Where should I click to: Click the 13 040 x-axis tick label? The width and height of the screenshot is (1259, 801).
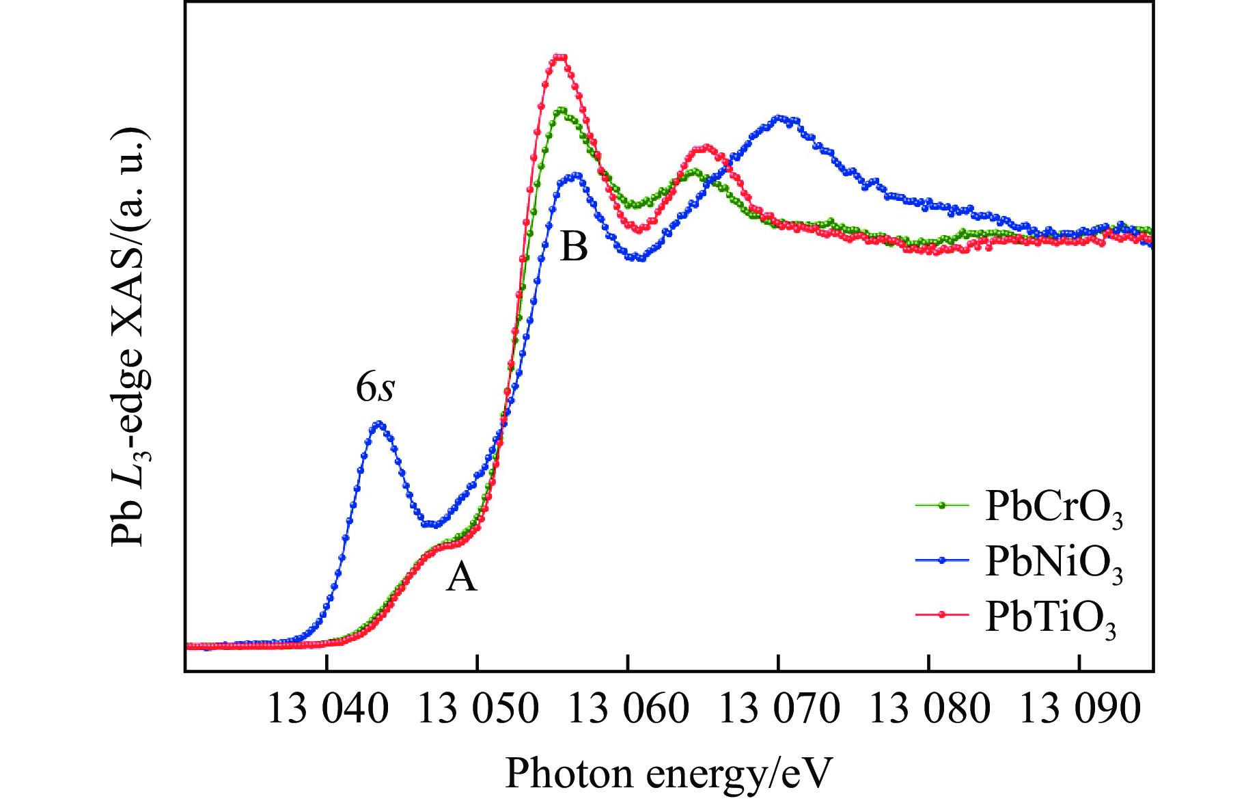pos(327,709)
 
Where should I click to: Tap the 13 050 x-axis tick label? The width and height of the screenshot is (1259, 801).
pos(478,709)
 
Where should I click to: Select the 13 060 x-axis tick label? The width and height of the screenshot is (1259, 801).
pos(628,709)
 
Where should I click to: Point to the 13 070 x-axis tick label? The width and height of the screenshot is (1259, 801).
pos(779,709)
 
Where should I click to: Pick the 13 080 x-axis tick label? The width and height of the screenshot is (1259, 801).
pos(929,709)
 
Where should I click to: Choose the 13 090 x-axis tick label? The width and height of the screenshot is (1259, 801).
pos(1079,709)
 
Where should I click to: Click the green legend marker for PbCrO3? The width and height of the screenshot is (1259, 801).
pos(942,506)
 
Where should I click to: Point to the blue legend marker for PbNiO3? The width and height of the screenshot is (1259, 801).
pos(942,560)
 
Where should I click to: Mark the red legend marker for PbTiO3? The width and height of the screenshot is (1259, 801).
pos(942,614)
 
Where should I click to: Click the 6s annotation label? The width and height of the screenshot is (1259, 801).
pos(375,388)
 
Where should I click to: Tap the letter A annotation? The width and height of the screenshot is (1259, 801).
pos(461,578)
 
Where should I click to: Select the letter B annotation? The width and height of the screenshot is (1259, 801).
pos(573,247)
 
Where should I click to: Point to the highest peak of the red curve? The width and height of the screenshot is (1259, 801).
pos(560,57)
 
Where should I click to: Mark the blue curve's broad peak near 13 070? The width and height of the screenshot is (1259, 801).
pos(779,118)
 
